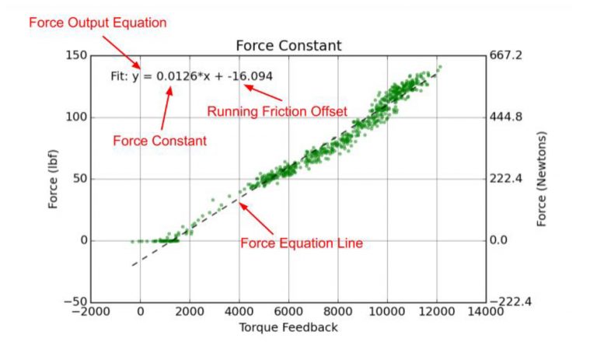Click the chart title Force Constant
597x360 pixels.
pyautogui.click(x=288, y=46)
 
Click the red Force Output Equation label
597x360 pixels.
pyautogui.click(x=98, y=23)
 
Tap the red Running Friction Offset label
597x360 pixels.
pyautogui.click(x=276, y=111)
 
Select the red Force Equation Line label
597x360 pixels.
pyautogui.click(x=302, y=243)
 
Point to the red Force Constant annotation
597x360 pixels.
pyautogui.click(x=159, y=141)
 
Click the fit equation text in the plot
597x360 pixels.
pyautogui.click(x=191, y=78)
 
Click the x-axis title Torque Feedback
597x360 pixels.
pyautogui.click(x=288, y=327)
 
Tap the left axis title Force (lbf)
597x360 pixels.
pyautogui.click(x=54, y=179)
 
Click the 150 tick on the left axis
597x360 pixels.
pyautogui.click(x=76, y=56)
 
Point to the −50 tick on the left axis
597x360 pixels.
pyautogui.click(x=73, y=302)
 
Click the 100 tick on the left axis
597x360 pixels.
pyautogui.click(x=76, y=117)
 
